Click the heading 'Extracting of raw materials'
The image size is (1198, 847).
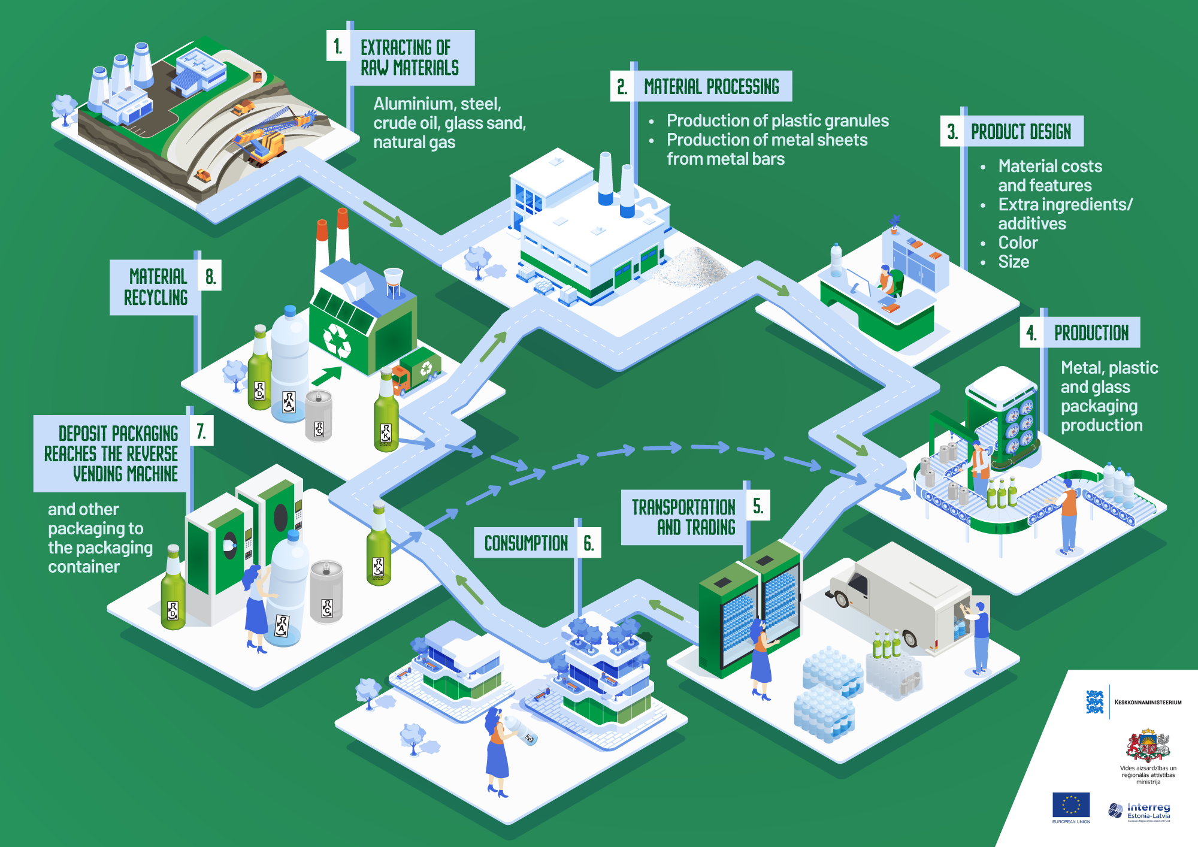[410, 58]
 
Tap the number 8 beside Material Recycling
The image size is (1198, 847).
[210, 276]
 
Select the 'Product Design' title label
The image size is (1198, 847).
[1021, 131]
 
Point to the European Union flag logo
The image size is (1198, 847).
[1071, 805]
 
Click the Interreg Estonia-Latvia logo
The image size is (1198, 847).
[1140, 812]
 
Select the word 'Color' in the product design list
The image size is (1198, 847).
[1018, 243]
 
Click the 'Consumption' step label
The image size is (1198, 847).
[526, 543]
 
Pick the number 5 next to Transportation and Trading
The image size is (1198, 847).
[758, 506]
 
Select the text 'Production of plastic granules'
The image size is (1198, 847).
[778, 120]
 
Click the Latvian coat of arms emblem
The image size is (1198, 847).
[1148, 745]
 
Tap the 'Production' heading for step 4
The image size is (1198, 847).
[1091, 332]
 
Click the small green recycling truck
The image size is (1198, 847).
[418, 371]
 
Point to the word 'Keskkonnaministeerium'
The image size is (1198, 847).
[1148, 702]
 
